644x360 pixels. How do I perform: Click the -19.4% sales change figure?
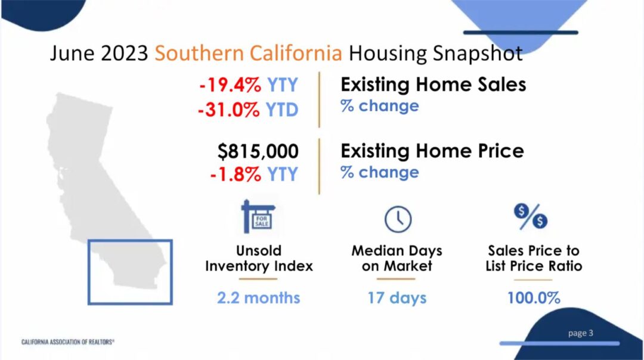pyautogui.click(x=230, y=85)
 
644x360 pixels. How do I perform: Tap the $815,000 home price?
pyautogui.click(x=258, y=151)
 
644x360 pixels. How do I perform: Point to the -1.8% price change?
pyautogui.click(x=236, y=174)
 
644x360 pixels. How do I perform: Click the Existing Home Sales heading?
pyautogui.click(x=433, y=85)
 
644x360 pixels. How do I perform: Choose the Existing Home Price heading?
pyautogui.click(x=432, y=150)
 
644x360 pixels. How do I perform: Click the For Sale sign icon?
pyautogui.click(x=258, y=217)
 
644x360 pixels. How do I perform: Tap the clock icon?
pyautogui.click(x=397, y=219)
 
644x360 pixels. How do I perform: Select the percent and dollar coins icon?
pyautogui.click(x=530, y=216)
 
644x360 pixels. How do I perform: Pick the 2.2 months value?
pyautogui.click(x=258, y=297)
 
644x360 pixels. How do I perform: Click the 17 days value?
pyautogui.click(x=397, y=297)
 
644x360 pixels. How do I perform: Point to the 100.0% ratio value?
pyautogui.click(x=534, y=297)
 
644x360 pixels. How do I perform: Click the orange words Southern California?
pyautogui.click(x=249, y=53)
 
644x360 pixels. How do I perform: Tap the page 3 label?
pyautogui.click(x=580, y=333)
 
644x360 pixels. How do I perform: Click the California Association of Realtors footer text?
pyautogui.click(x=68, y=342)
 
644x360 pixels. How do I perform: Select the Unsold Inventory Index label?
pyautogui.click(x=259, y=258)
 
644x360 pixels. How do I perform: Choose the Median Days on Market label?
pyautogui.click(x=397, y=258)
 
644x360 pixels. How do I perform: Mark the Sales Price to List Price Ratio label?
pyautogui.click(x=534, y=258)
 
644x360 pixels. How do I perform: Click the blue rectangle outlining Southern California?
pyautogui.click(x=89, y=272)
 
